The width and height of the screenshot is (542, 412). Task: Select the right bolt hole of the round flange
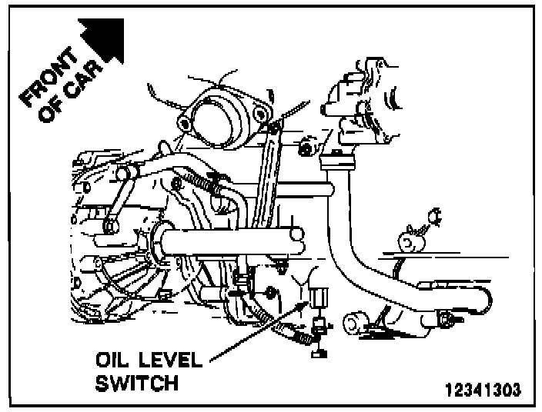265,115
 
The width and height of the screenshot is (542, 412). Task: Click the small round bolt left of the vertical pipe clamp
306,146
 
